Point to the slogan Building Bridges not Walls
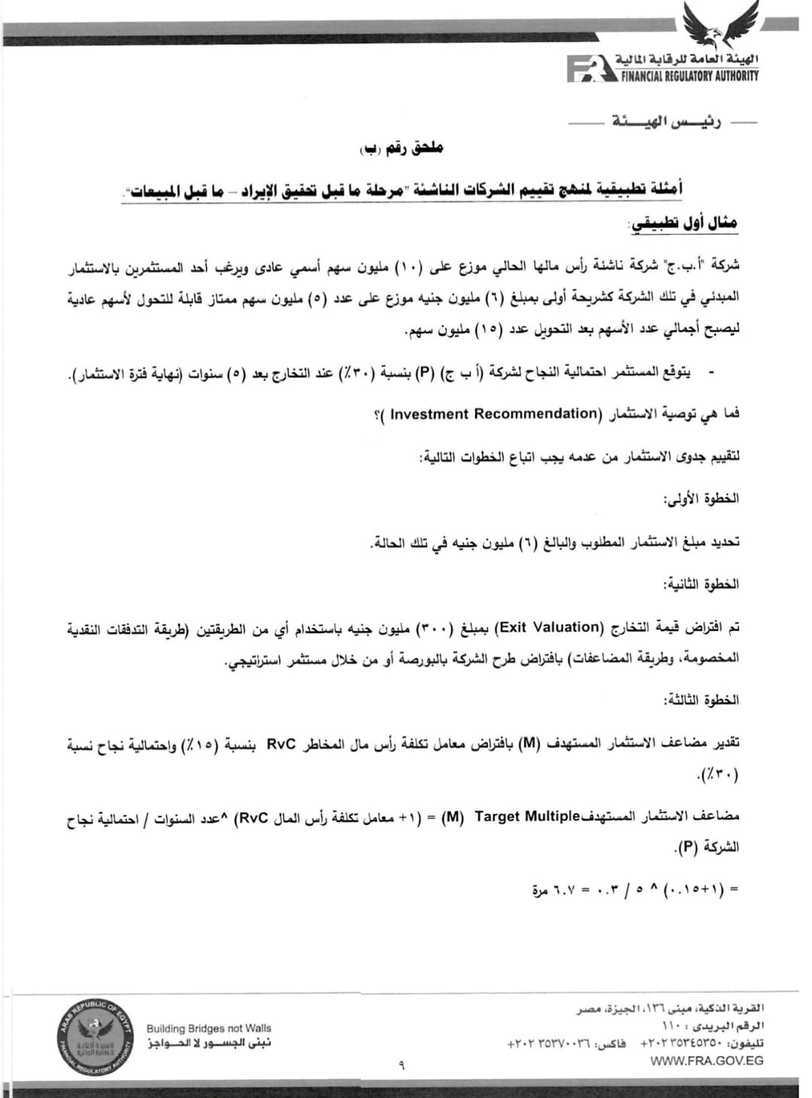tap(209, 1028)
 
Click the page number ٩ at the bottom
tap(401, 1064)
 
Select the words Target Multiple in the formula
tap(529, 817)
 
